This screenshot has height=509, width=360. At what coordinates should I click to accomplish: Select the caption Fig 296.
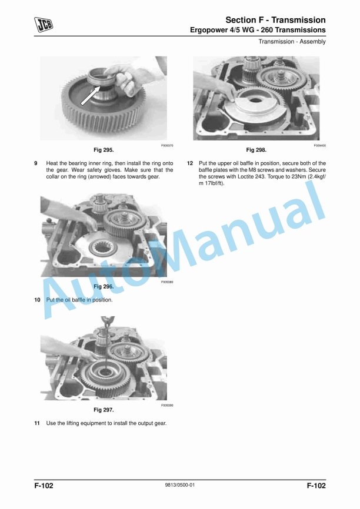(104, 286)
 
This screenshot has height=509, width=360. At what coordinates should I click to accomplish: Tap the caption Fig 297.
(104, 409)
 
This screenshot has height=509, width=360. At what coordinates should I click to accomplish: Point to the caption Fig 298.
(256, 150)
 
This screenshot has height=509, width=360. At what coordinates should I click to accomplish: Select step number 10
(37, 300)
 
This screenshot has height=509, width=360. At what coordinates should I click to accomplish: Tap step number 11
(37, 423)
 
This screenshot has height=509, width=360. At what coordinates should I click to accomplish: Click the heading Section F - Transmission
(276, 20)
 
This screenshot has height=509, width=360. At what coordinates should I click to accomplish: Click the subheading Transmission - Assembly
(292, 41)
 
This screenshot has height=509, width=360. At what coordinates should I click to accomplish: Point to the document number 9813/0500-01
(179, 485)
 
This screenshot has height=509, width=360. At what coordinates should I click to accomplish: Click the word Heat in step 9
(52, 163)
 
